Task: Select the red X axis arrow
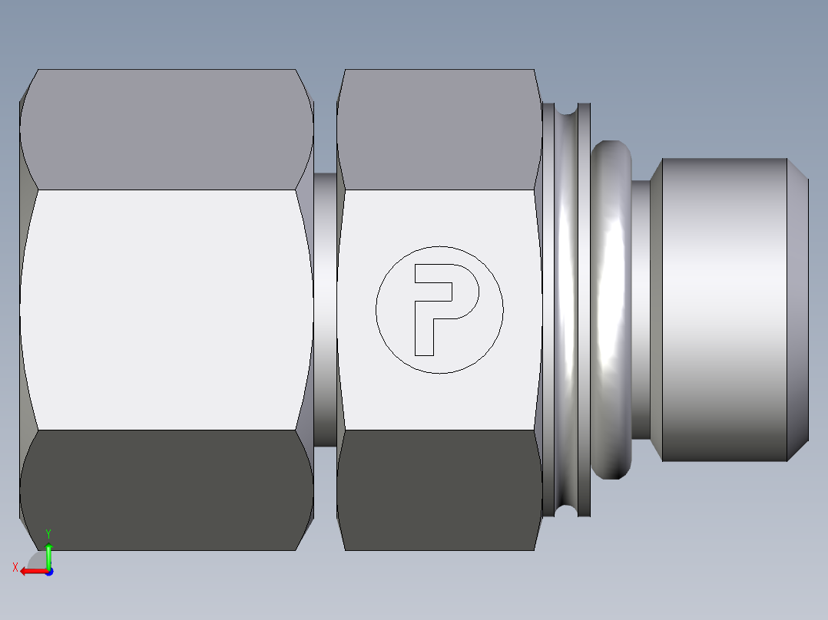(31, 571)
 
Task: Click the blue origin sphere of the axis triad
(48, 571)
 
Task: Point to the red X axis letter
(15, 567)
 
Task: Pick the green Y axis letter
(48, 533)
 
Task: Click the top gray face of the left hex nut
(166, 129)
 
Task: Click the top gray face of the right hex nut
(438, 129)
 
